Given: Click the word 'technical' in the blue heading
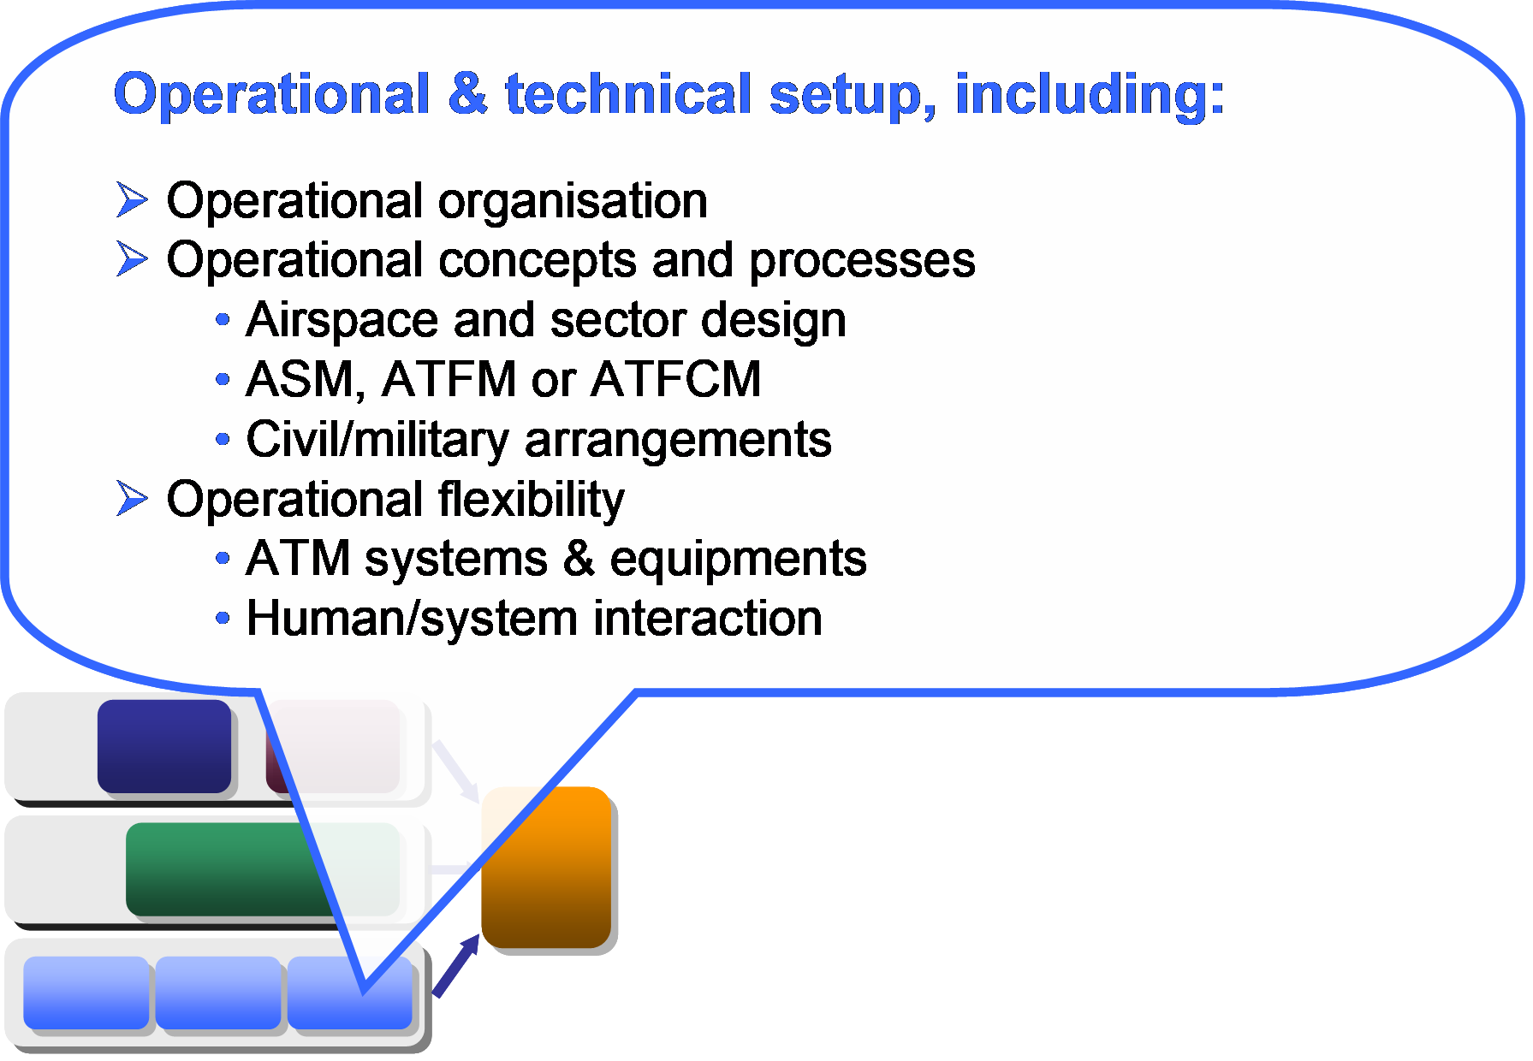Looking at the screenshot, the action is pyautogui.click(x=628, y=93).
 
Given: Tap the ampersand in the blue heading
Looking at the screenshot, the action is pyautogui.click(x=467, y=93).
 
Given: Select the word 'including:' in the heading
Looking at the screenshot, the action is pyautogui.click(x=1090, y=94).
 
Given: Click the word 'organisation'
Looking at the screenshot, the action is pyautogui.click(x=573, y=202).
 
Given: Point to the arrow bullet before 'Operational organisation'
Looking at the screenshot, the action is pyautogui.click(x=132, y=199).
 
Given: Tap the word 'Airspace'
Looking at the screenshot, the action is pyautogui.click(x=342, y=321).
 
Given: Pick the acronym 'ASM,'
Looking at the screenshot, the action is pyautogui.click(x=306, y=381).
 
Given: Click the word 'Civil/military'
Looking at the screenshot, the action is pyautogui.click(x=377, y=441).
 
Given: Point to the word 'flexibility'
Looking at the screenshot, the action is pyautogui.click(x=532, y=501).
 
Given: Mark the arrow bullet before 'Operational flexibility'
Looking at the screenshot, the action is pyautogui.click(x=132, y=499).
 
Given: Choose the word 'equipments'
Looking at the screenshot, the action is pyautogui.click(x=738, y=560).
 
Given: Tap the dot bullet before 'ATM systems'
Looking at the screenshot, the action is pyautogui.click(x=223, y=559).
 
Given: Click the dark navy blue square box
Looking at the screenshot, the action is pyautogui.click(x=164, y=746).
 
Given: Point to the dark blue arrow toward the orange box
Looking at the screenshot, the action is pyautogui.click(x=456, y=965).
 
